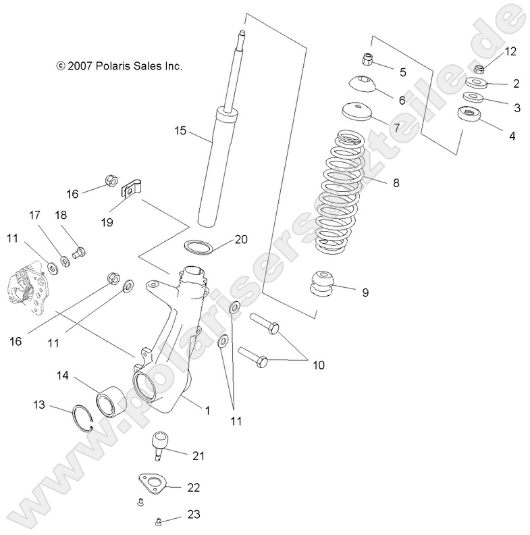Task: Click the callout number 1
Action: coord(208,409)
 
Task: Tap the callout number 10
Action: coord(318,365)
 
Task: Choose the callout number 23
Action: coord(193,514)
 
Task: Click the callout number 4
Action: coord(512,135)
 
